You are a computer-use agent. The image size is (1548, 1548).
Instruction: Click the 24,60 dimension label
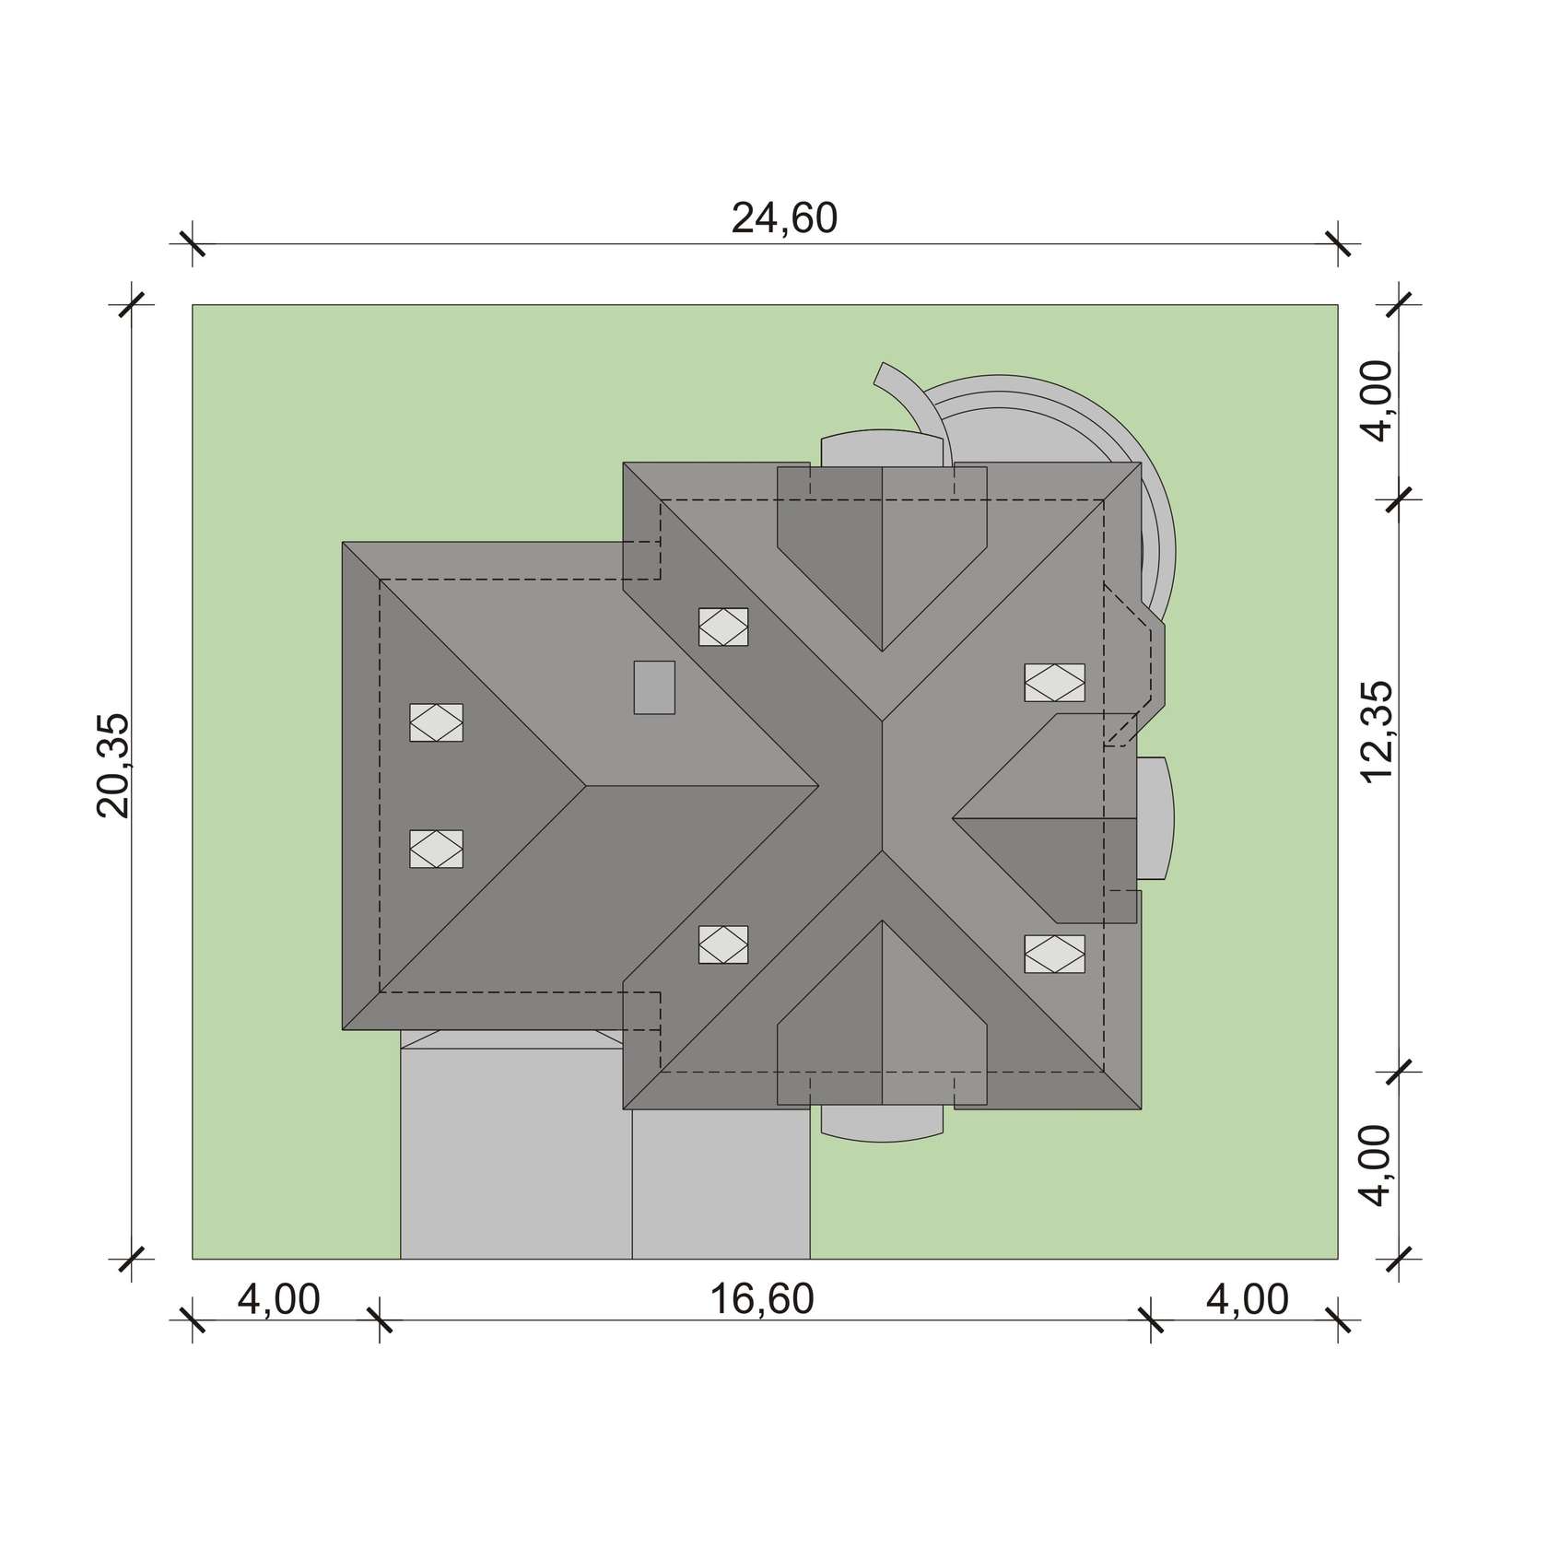[x=784, y=219]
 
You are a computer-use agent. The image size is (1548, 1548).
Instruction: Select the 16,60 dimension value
[x=762, y=1299]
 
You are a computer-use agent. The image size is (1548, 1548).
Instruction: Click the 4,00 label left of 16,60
[x=279, y=1299]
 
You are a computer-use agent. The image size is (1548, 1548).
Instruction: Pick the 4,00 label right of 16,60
[x=1247, y=1299]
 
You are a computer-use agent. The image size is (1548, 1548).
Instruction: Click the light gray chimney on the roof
[x=654, y=687]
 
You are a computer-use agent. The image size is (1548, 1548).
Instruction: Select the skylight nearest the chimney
[x=723, y=627]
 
